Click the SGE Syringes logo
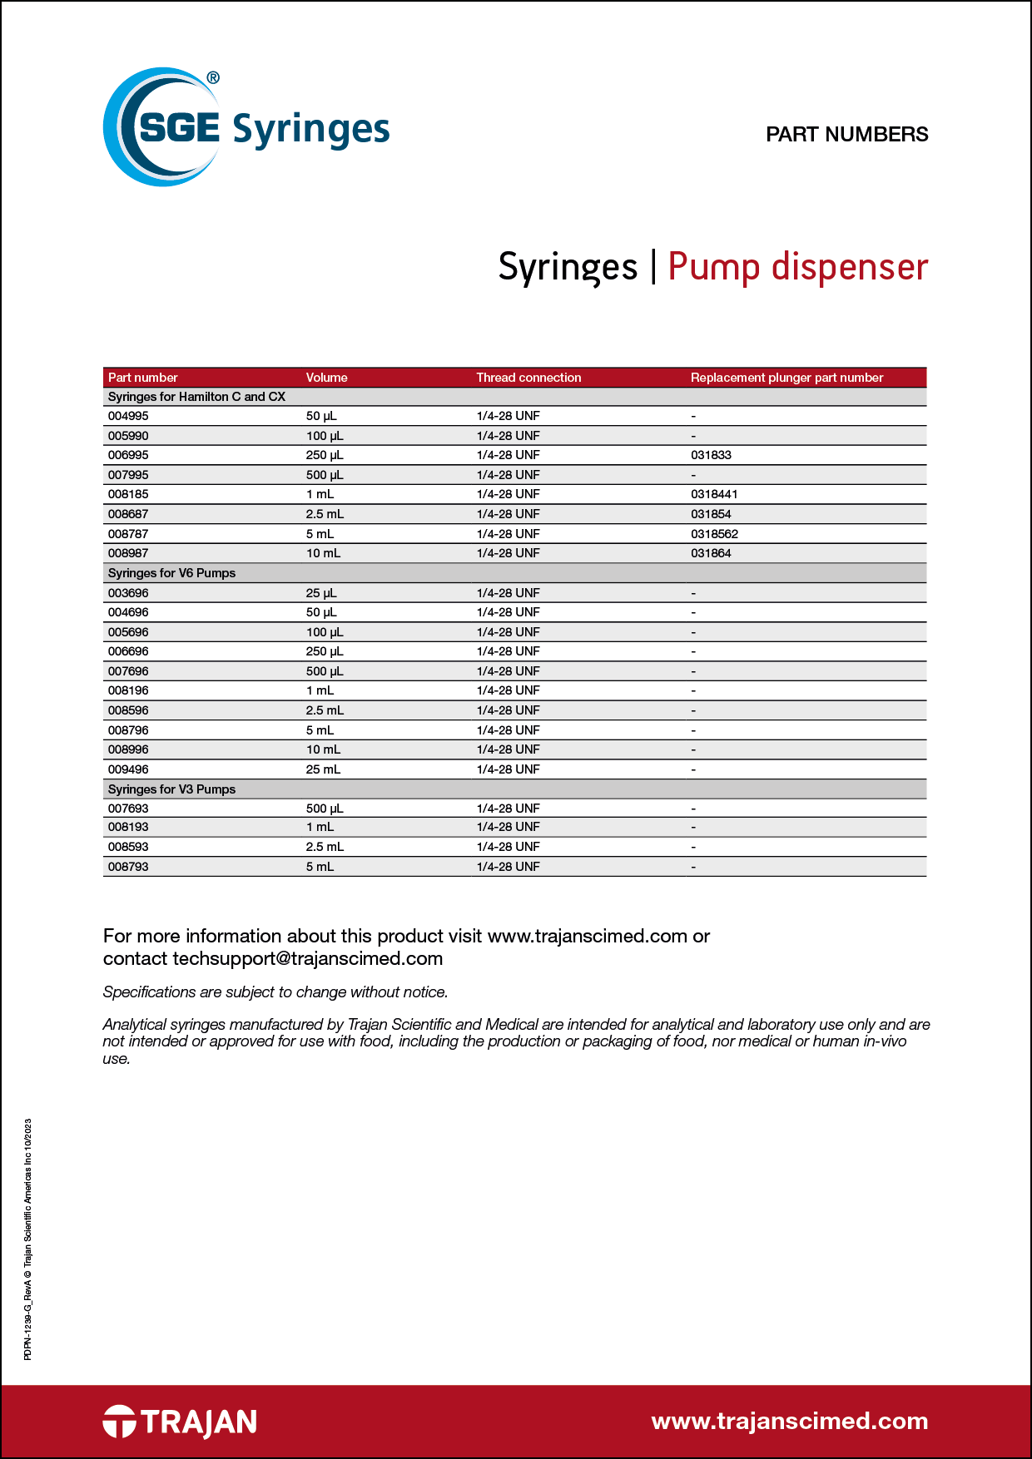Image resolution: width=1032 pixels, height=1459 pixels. click(x=246, y=127)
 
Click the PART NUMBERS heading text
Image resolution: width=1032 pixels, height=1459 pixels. click(x=846, y=135)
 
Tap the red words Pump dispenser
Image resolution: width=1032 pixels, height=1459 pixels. click(x=797, y=267)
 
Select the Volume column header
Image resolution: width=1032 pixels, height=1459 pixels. click(x=326, y=378)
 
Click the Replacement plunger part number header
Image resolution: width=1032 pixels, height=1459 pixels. click(x=786, y=378)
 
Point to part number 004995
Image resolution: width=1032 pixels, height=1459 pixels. click(x=128, y=416)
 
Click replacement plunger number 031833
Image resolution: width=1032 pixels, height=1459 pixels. click(x=711, y=455)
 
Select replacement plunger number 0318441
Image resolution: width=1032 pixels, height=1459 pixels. click(x=714, y=494)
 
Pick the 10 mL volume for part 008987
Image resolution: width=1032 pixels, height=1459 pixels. click(x=323, y=553)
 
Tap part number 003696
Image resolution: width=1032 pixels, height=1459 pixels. click(x=128, y=593)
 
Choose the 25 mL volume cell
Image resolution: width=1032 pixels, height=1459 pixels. click(x=323, y=769)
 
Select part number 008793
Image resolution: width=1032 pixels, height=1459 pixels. click(x=128, y=867)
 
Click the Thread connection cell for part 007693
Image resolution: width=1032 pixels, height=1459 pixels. click(x=508, y=809)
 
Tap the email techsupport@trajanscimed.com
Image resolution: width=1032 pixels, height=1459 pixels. click(x=307, y=959)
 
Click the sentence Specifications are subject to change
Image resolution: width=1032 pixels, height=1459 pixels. click(x=275, y=992)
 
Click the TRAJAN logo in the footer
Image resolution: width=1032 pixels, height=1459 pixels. click(x=180, y=1422)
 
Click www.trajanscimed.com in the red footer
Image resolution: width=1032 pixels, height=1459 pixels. click(x=789, y=1422)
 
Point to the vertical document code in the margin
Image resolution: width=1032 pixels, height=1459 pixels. click(x=27, y=1239)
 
